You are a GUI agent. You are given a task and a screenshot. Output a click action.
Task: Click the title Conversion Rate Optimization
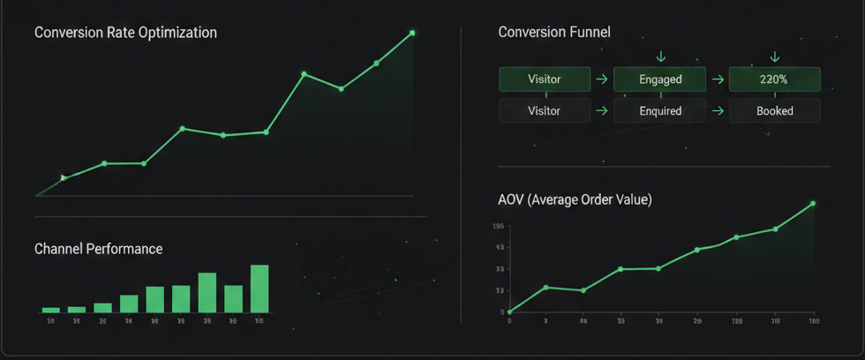(x=125, y=33)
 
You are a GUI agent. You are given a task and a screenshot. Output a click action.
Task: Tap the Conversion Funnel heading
(x=554, y=33)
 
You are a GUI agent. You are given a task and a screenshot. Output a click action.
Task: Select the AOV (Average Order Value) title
(x=575, y=200)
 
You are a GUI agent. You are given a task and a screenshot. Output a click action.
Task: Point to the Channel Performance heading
(x=98, y=249)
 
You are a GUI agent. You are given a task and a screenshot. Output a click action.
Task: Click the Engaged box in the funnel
(x=660, y=79)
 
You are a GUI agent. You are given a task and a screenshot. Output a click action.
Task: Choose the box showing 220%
(x=775, y=79)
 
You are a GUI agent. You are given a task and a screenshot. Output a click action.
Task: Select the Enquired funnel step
(x=660, y=111)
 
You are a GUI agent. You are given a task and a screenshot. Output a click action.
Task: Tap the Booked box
(x=775, y=111)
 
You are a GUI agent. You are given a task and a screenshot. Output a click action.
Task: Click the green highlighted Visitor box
(x=544, y=79)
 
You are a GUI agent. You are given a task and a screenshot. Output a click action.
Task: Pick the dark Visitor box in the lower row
(x=544, y=111)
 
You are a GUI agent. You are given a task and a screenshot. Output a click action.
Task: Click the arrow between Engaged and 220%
(x=718, y=79)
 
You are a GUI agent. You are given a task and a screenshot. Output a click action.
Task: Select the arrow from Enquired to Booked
(x=718, y=111)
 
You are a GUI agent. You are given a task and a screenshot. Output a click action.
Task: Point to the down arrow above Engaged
(x=661, y=57)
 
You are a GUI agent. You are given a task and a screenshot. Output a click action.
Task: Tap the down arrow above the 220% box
(x=775, y=57)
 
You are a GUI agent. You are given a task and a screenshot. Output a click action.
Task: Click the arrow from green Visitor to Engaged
(x=602, y=79)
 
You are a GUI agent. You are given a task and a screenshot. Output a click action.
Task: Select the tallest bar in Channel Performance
(x=259, y=289)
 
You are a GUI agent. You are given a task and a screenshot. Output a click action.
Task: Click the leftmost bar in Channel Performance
(x=50, y=310)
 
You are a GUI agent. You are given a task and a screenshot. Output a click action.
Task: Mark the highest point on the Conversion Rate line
(x=412, y=33)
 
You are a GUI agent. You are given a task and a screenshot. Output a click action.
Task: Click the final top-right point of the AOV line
(x=813, y=203)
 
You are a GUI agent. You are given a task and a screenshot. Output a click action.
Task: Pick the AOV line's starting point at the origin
(x=509, y=312)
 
